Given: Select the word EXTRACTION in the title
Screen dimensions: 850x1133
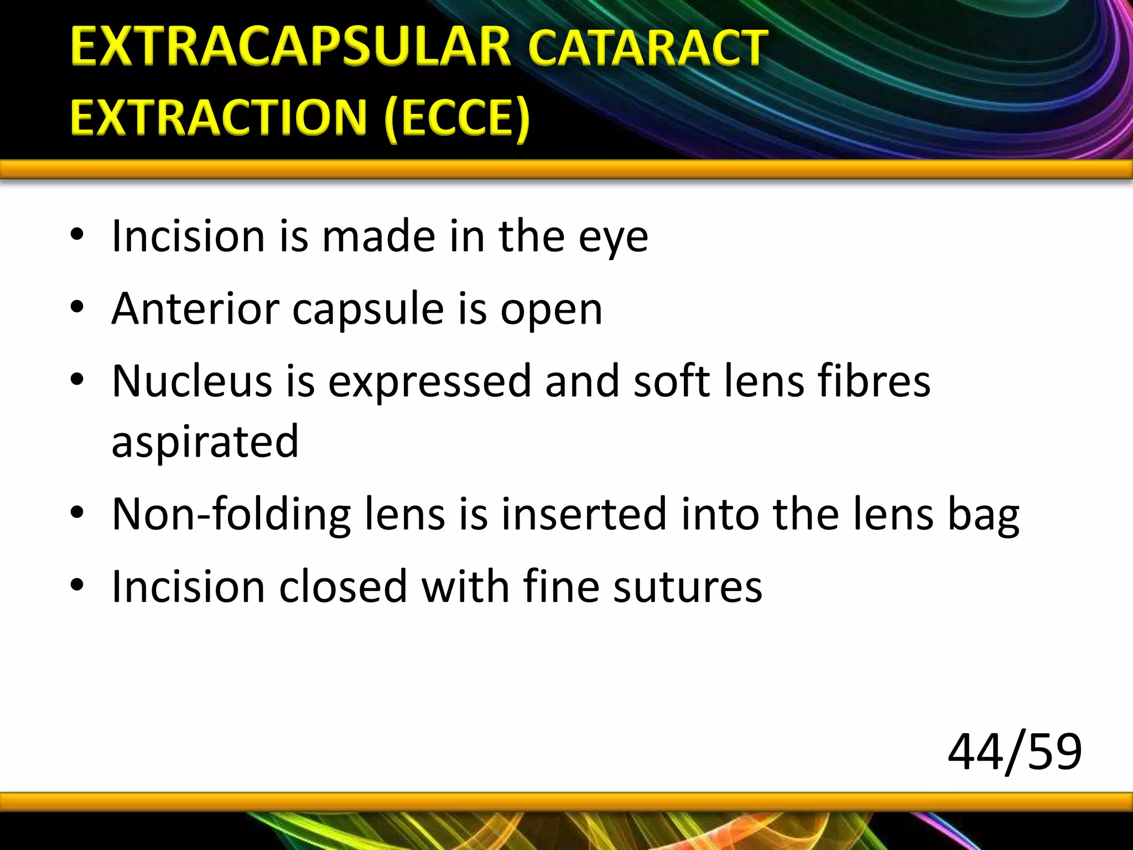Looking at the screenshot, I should (219, 117).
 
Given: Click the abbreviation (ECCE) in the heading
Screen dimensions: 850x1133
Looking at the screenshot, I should (457, 118).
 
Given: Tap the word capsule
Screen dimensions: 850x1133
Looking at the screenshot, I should (368, 310).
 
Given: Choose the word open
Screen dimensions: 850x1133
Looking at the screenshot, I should (551, 311).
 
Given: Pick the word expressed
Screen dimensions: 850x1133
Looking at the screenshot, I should (430, 382).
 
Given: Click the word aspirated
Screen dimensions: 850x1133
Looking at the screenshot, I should (205, 442).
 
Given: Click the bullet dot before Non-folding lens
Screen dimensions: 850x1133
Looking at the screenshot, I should (77, 512).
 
